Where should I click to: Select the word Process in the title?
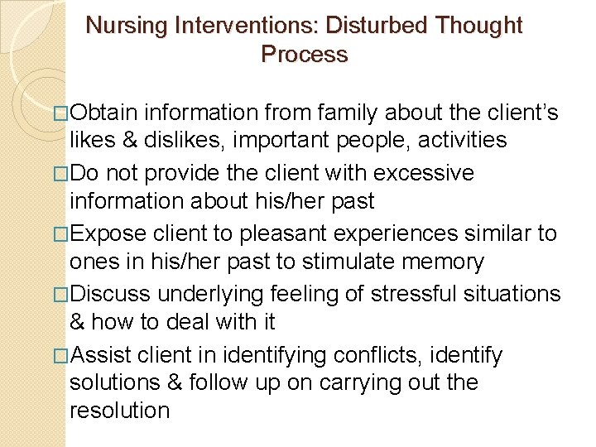[x=304, y=55]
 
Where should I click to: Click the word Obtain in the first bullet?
[x=107, y=112]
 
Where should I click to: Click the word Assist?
[x=105, y=356]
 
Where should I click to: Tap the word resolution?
[x=120, y=411]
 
